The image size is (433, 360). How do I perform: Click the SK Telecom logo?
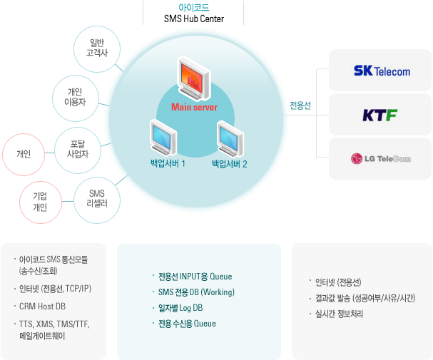(382, 71)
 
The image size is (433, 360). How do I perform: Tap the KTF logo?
(379, 115)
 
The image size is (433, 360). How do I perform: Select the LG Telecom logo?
(381, 159)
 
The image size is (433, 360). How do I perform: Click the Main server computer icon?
(194, 78)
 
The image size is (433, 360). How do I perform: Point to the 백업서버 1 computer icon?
(163, 138)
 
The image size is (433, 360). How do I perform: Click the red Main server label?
(195, 107)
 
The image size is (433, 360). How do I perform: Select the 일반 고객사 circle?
(97, 49)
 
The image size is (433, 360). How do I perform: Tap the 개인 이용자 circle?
(76, 98)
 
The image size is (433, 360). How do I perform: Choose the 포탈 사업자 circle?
(78, 150)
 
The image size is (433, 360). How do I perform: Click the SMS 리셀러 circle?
(97, 200)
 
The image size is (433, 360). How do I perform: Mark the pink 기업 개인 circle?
(41, 202)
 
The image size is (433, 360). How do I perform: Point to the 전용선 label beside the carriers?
(300, 106)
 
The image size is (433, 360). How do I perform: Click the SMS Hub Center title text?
(194, 19)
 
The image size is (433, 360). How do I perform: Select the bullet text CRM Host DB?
(42, 307)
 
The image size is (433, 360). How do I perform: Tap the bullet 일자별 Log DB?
(180, 308)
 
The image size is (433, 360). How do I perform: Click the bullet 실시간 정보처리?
(339, 314)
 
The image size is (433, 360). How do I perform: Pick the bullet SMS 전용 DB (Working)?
(196, 292)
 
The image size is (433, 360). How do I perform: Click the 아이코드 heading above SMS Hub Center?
(194, 7)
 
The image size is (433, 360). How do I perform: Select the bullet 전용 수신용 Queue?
(187, 324)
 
